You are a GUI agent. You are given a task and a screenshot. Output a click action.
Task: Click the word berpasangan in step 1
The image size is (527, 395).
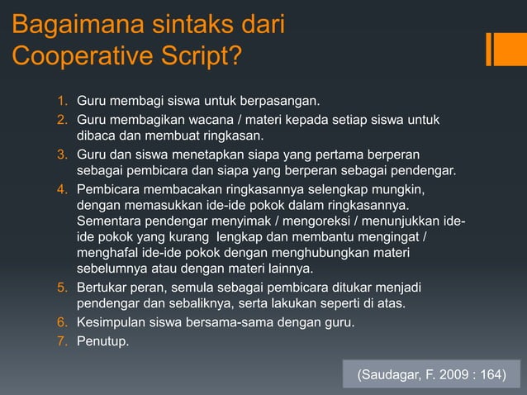[x=280, y=102]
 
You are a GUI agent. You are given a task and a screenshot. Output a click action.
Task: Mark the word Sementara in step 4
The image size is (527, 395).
[x=107, y=222]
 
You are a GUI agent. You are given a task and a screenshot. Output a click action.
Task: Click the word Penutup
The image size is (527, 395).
[x=102, y=337]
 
